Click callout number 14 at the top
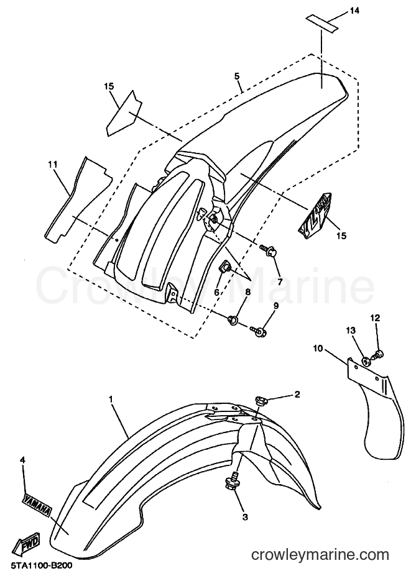(x=354, y=11)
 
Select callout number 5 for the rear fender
(x=237, y=76)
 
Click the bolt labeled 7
(x=269, y=251)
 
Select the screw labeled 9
(x=258, y=330)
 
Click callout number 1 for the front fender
(x=110, y=399)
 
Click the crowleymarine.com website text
(x=320, y=555)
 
